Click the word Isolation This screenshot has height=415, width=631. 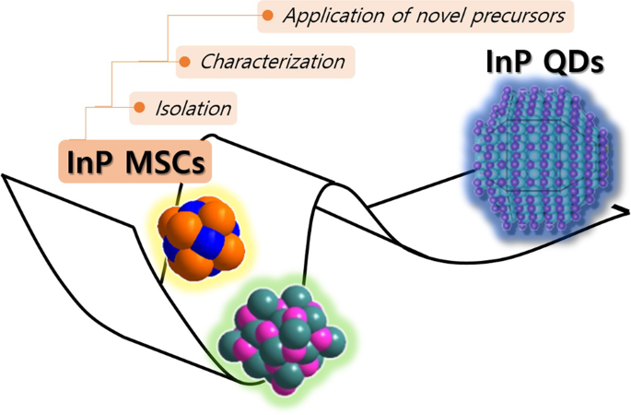pos(193,109)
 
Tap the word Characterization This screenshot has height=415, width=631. pos(273,63)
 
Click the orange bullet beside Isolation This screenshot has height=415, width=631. pos(139,109)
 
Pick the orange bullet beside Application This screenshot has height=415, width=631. pos(267,16)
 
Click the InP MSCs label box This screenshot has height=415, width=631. pos(134,162)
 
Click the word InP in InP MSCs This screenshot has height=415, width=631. pos(92,162)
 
